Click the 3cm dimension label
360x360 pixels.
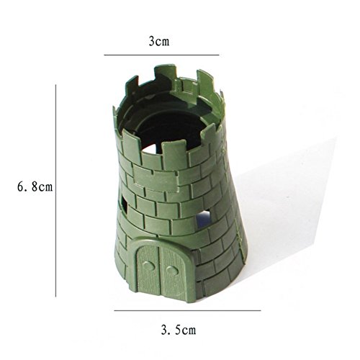click(159, 41)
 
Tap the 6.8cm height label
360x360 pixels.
click(35, 186)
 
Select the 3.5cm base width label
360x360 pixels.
click(179, 330)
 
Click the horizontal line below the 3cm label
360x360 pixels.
click(161, 55)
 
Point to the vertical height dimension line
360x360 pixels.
click(56, 191)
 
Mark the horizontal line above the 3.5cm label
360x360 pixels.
click(187, 310)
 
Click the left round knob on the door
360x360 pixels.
click(148, 266)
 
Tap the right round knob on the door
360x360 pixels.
click(172, 271)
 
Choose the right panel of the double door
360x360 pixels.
click(174, 274)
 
